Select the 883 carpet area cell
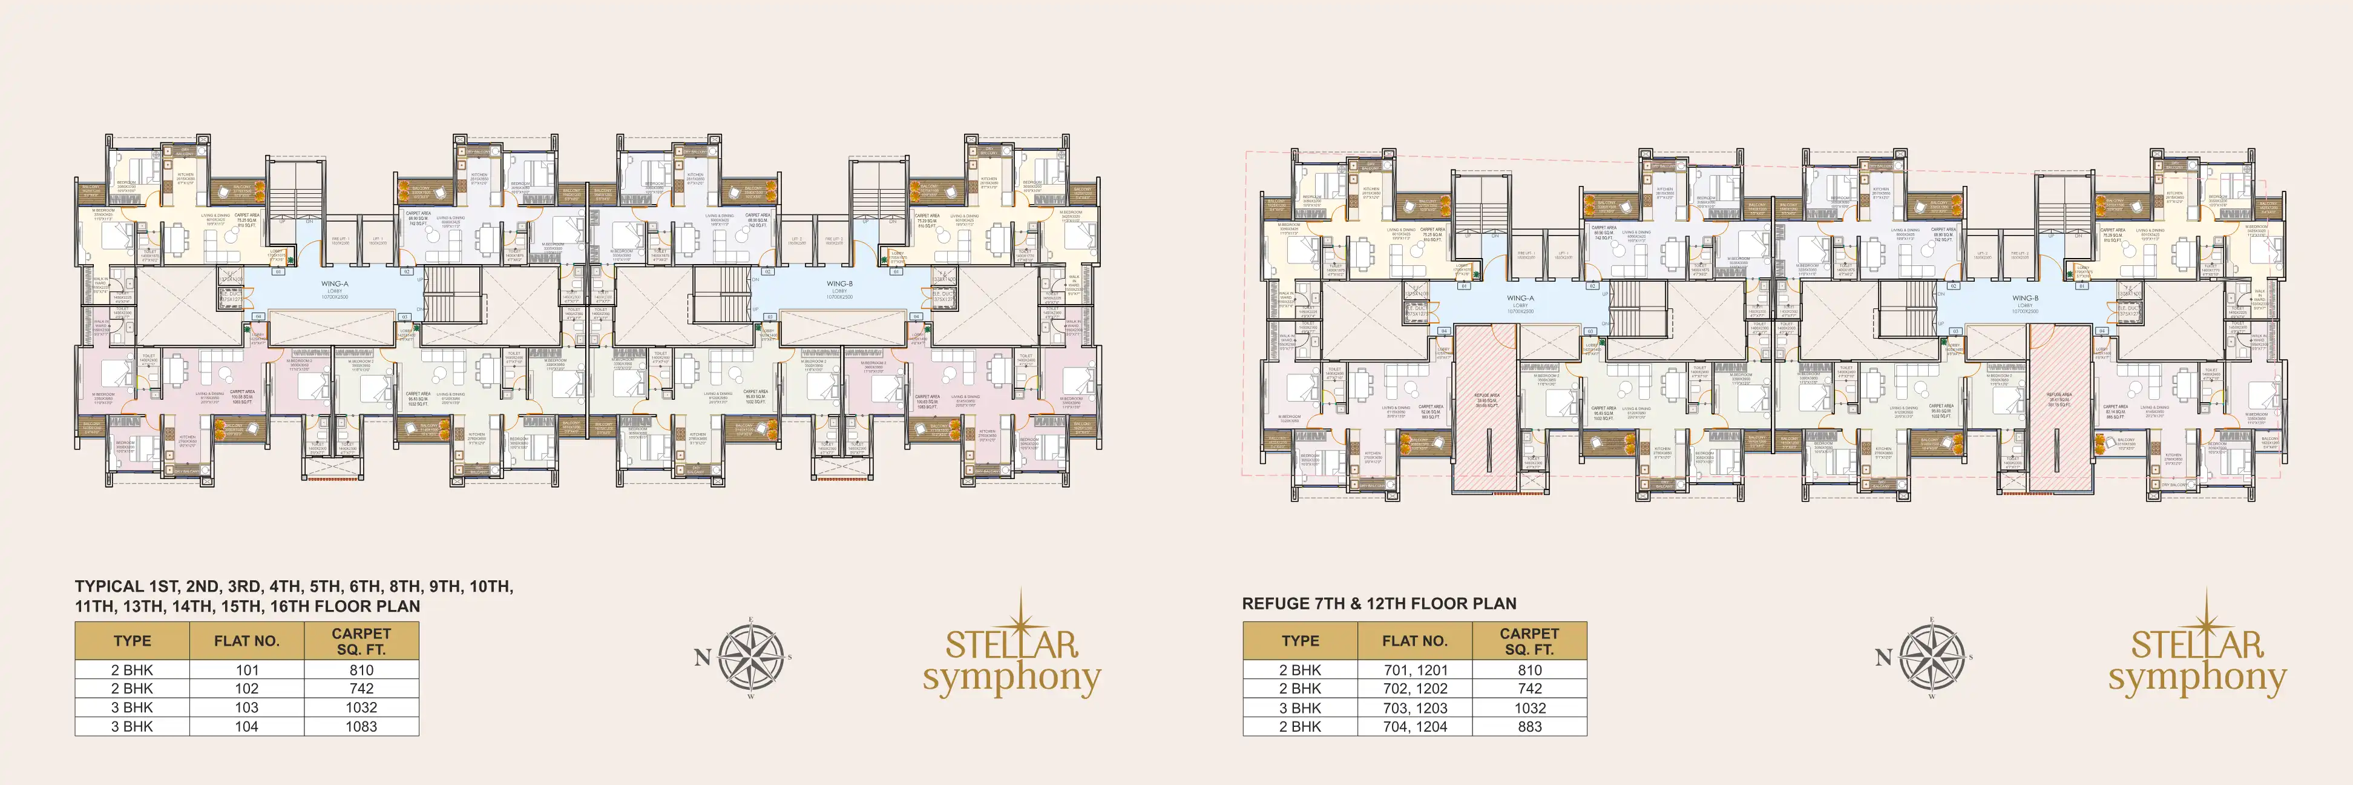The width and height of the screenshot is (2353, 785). tap(1529, 726)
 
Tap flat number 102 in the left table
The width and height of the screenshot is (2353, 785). tap(247, 688)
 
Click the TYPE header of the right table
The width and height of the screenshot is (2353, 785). tap(1300, 641)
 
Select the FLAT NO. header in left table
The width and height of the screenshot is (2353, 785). tap(247, 641)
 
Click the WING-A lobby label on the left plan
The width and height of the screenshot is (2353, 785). tap(334, 289)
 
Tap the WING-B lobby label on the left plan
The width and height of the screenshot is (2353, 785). tap(839, 289)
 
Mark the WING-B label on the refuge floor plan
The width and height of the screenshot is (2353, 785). tap(2024, 302)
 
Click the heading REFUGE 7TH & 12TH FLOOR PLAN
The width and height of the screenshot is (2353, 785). tap(1379, 603)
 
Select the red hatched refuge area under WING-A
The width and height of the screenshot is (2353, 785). tap(1486, 402)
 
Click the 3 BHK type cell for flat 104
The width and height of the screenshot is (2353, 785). tap(133, 726)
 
